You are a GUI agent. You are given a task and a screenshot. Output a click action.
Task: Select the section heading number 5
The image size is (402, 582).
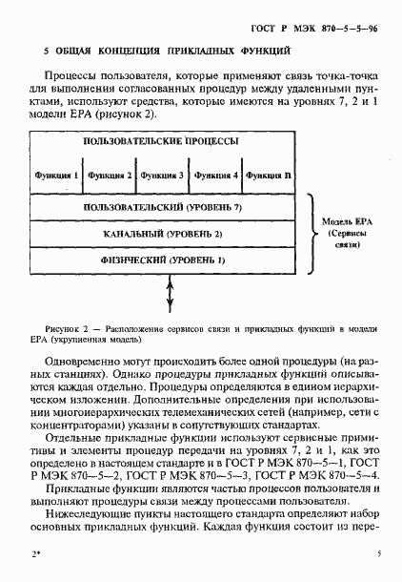[x=48, y=50]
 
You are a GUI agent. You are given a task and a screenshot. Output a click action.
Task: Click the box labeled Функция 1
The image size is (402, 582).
[x=56, y=176]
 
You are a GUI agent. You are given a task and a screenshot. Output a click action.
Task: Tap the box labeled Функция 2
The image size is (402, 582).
[x=109, y=176]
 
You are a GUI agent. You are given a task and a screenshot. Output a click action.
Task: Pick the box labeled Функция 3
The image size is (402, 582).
[x=162, y=176]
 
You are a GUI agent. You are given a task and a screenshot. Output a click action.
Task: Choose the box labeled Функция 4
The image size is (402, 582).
[x=214, y=176]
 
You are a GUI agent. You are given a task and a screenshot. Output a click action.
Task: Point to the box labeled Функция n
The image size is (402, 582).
[x=268, y=176]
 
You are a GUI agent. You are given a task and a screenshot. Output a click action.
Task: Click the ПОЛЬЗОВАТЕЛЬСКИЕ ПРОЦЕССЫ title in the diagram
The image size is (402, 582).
[x=161, y=141]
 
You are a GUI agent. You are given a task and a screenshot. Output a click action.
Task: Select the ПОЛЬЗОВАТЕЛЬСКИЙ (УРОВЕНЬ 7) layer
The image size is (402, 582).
[x=161, y=207]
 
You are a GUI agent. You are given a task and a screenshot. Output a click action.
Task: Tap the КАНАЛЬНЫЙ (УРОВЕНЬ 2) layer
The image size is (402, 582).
[x=161, y=233]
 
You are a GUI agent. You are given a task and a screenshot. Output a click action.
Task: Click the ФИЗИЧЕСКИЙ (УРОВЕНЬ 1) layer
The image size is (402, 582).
[x=161, y=260]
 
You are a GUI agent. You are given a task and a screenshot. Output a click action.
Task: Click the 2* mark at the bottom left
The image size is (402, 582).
[x=36, y=553]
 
